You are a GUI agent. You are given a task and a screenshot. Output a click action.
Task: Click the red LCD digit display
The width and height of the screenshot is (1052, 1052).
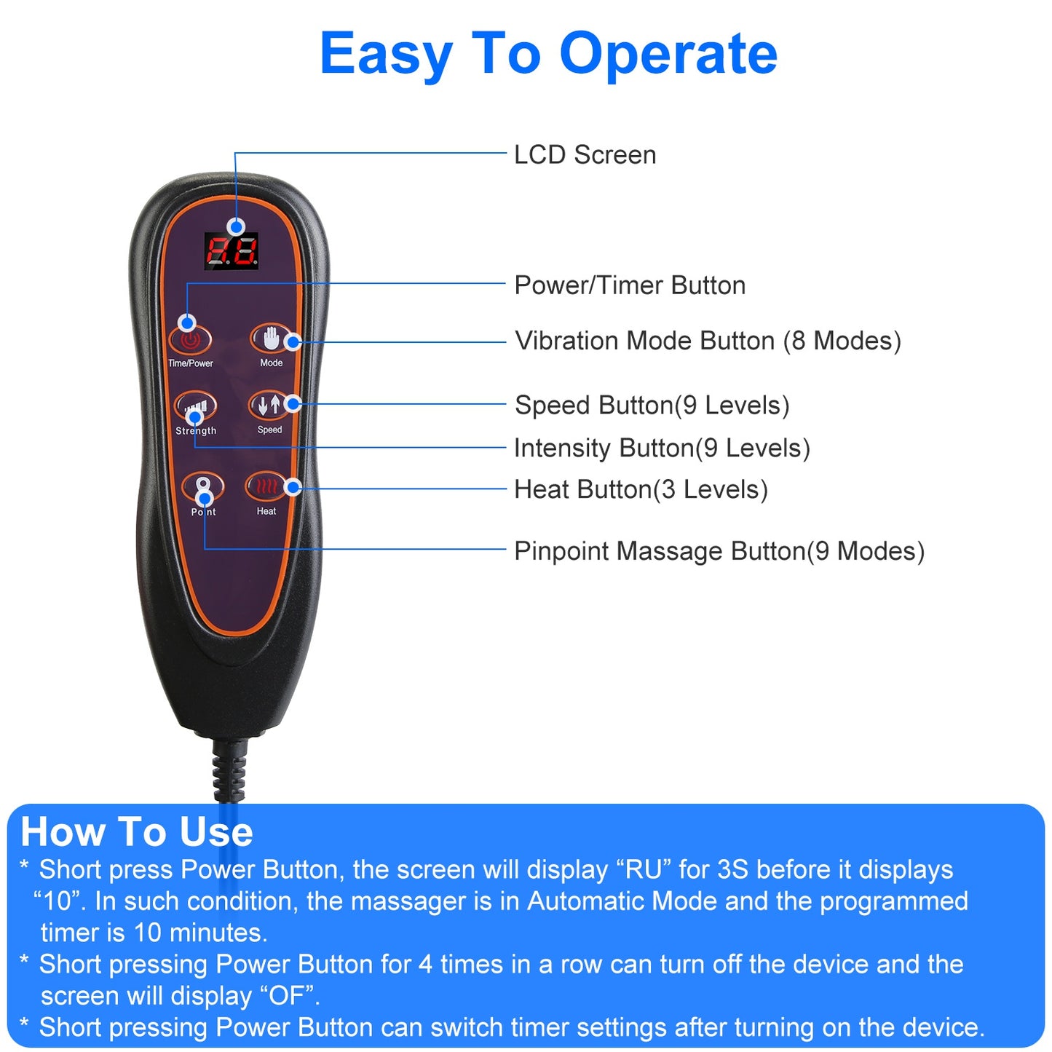pos(232,251)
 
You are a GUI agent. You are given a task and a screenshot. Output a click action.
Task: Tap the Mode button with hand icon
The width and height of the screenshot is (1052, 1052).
pos(271,339)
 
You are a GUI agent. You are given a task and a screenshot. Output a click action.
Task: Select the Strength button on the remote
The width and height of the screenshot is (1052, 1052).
pos(195,408)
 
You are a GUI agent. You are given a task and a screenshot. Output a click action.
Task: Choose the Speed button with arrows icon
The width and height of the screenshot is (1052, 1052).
pos(269,405)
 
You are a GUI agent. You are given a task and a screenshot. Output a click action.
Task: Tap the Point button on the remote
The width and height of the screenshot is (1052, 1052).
pos(203,487)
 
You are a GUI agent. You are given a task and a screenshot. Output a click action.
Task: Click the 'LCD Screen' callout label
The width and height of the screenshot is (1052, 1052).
pos(585,155)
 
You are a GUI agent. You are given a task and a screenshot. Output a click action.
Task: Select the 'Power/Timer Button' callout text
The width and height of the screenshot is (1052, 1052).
pos(630,285)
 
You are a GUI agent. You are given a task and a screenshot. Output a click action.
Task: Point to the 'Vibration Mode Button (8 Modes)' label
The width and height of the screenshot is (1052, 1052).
pos(708,341)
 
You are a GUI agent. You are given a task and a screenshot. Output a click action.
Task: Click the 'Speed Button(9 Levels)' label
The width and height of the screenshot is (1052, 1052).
pos(652,406)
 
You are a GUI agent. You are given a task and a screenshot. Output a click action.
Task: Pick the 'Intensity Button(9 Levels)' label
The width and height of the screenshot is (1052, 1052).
pos(662,448)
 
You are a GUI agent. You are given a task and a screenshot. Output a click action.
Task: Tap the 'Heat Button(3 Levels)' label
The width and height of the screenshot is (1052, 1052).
pos(641,490)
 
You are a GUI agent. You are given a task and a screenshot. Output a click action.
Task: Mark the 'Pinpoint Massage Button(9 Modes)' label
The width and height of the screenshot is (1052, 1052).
pos(719,552)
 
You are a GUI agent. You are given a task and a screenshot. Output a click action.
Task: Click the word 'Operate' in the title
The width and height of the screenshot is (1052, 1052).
pos(668,54)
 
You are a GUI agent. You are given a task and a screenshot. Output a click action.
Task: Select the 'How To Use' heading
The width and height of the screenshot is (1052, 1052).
pos(137,832)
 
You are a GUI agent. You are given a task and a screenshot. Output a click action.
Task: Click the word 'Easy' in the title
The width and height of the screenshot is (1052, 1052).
pos(386,54)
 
